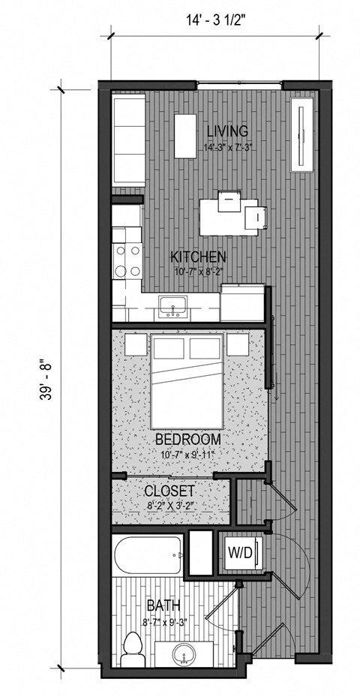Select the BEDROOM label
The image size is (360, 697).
187,439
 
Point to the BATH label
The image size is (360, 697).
163,605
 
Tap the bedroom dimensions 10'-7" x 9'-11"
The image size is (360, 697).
187,453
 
